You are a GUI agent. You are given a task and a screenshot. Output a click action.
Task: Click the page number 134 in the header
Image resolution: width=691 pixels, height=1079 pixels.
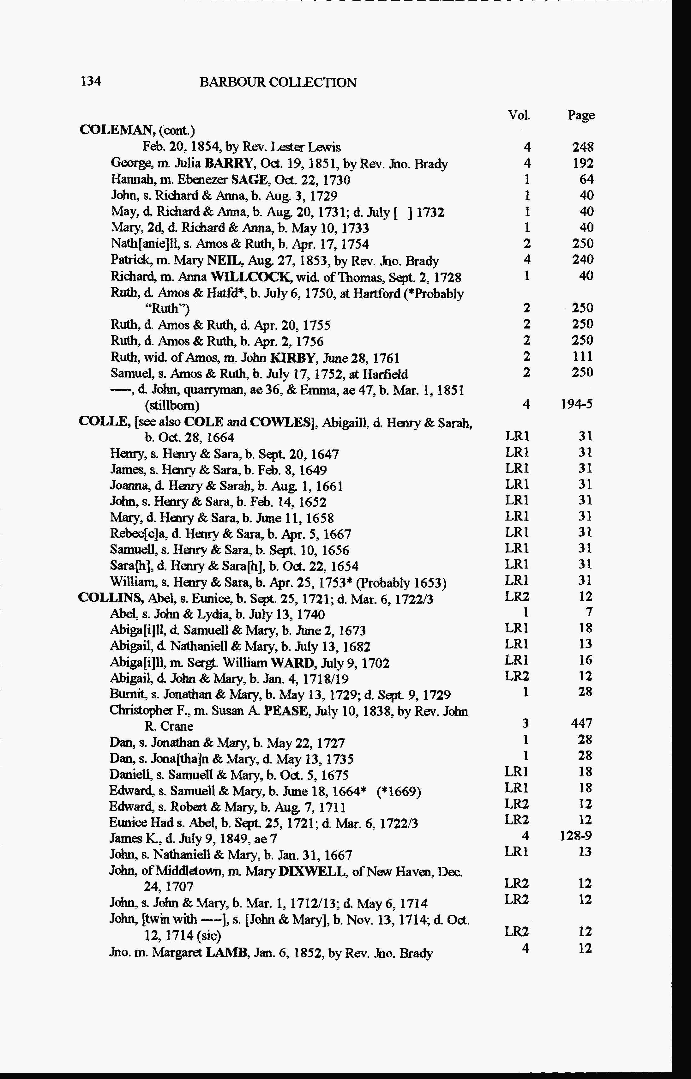click(x=91, y=81)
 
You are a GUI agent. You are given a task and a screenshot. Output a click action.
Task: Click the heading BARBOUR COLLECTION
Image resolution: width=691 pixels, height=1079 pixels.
click(x=278, y=82)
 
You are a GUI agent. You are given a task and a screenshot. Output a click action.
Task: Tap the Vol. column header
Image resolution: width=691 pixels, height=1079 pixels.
click(x=519, y=115)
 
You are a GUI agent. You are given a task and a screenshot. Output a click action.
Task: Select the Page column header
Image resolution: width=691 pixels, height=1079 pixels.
click(x=581, y=116)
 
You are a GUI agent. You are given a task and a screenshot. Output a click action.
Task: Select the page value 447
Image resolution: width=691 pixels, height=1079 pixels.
click(x=582, y=723)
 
